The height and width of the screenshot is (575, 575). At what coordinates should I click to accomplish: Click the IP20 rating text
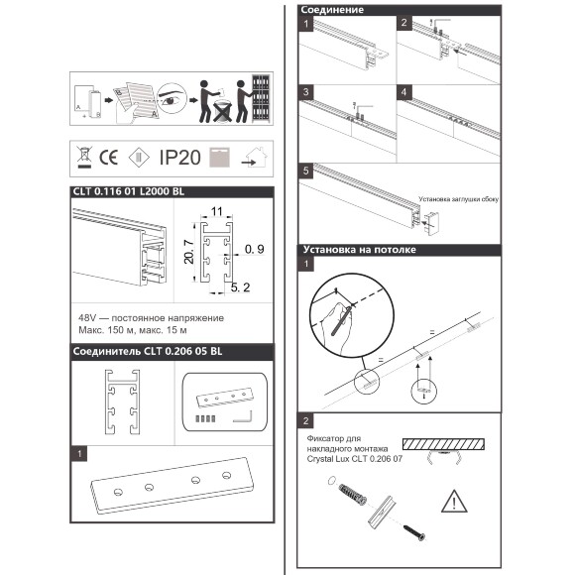click(180, 157)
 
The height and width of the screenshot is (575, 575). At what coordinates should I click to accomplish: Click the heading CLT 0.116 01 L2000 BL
click(128, 192)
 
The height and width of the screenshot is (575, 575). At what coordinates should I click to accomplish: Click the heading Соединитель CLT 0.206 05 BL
click(147, 351)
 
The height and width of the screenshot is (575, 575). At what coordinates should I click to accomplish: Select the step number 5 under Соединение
click(306, 172)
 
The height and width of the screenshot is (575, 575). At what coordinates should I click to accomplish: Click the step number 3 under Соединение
click(306, 91)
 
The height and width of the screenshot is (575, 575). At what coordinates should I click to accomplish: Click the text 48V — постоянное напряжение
click(150, 317)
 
